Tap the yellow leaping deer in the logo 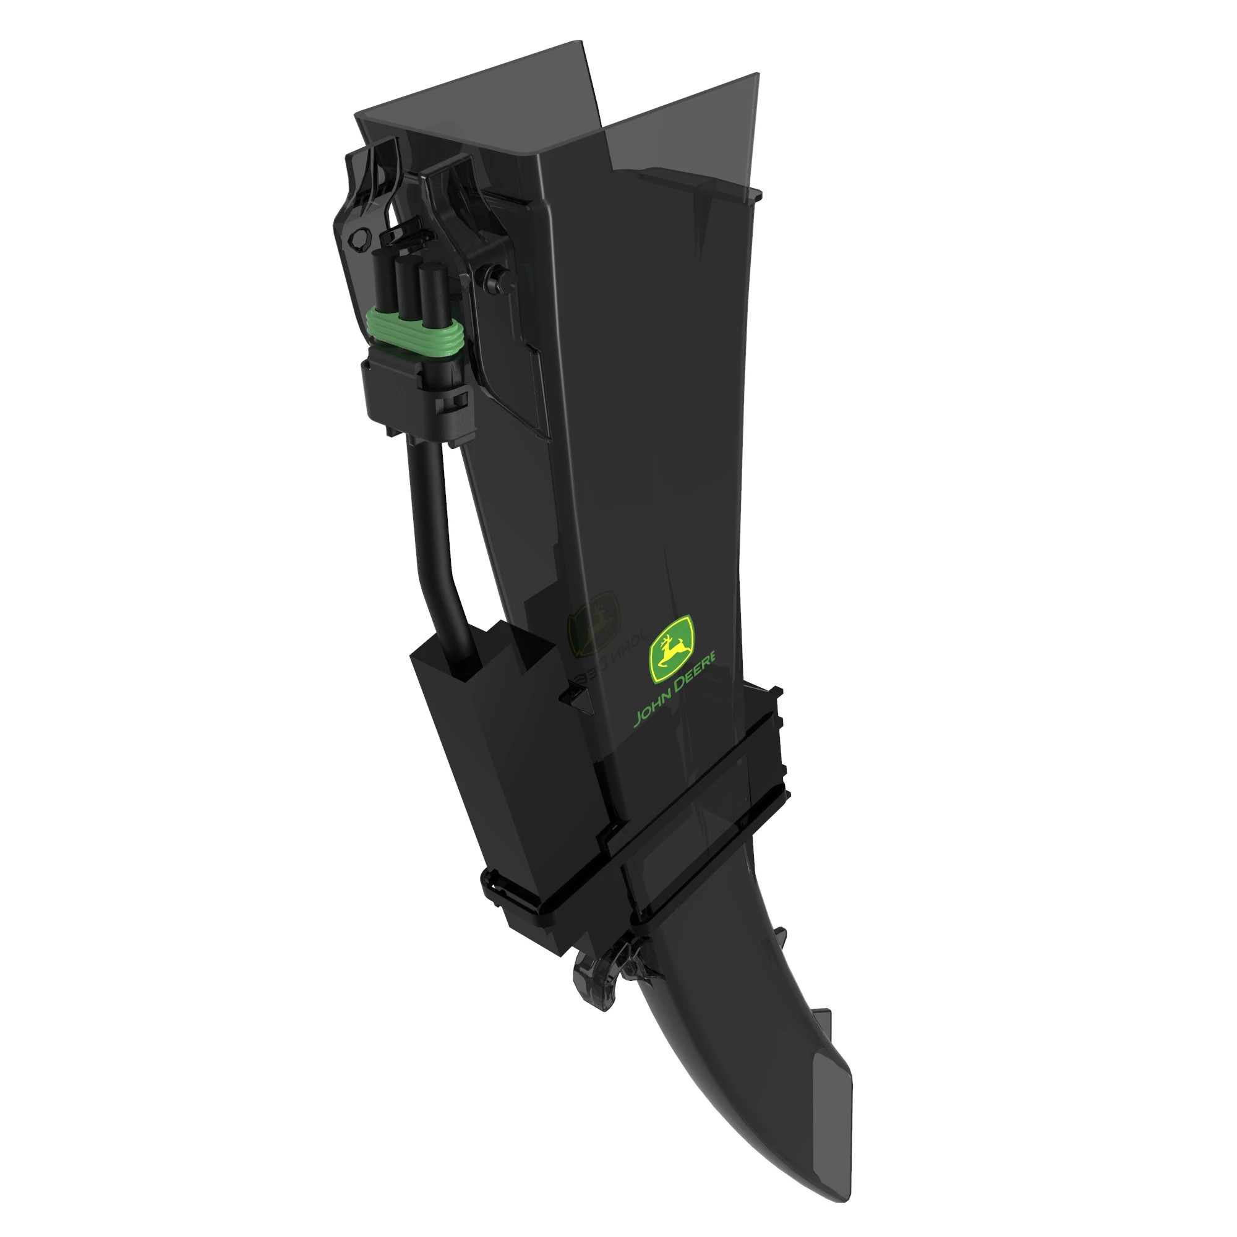(671, 648)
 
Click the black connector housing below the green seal (416, 390)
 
